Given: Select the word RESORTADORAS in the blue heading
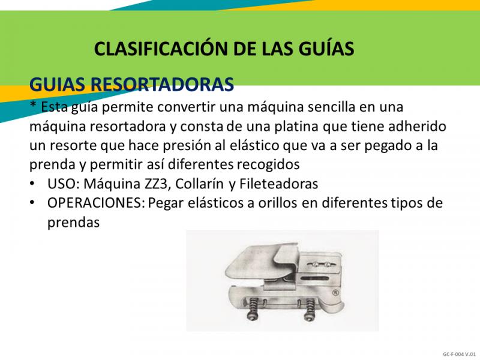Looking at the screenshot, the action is pos(163,84).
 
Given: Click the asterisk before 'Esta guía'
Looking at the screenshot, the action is pos(33,104).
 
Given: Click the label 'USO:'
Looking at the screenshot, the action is pos(64,184).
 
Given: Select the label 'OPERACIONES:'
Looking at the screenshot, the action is pos(96,203).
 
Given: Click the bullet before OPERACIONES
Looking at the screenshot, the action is pos(32,203).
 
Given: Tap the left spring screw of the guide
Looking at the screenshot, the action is pos(253,309).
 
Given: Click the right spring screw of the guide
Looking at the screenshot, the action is pos(309,309).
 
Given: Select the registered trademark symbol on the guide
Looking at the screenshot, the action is pos(335,293).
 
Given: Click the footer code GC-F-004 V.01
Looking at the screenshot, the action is pos(459,354).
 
